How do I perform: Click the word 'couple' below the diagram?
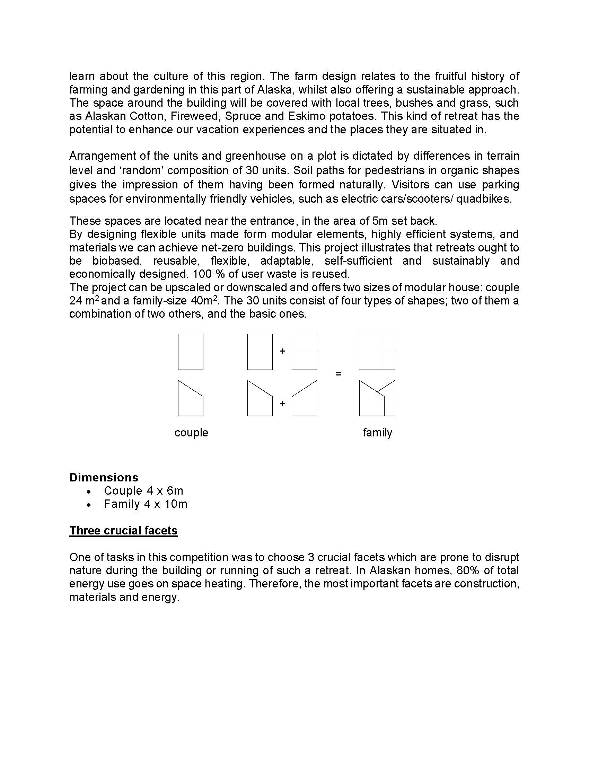pyautogui.click(x=191, y=433)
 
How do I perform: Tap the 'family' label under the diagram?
pyautogui.click(x=378, y=433)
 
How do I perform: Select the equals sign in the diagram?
pyautogui.click(x=338, y=374)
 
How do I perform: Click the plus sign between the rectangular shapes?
pyautogui.click(x=282, y=351)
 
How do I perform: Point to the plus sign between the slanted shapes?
pyautogui.click(x=282, y=403)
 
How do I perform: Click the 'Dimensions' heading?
pyautogui.click(x=104, y=477)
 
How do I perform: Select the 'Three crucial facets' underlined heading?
pyautogui.click(x=124, y=531)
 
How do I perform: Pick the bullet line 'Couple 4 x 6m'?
pyautogui.click(x=143, y=491)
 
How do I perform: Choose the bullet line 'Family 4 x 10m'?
pyautogui.click(x=146, y=504)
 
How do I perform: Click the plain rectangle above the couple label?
pyautogui.click(x=191, y=352)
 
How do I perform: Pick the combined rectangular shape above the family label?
pyautogui.click(x=377, y=352)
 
